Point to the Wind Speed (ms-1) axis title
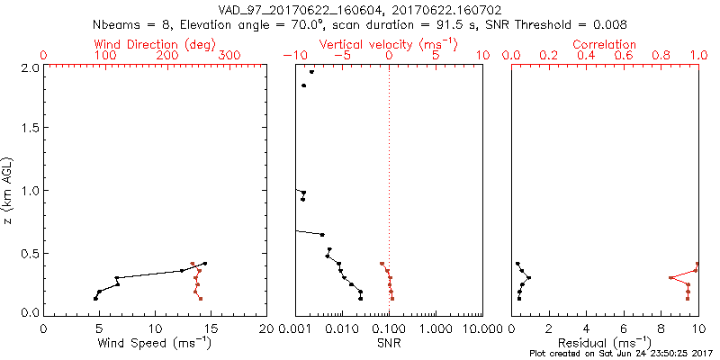pos(156,342)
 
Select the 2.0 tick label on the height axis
pos(30,67)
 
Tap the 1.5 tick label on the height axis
pos(30,129)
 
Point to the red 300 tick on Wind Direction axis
pos(229,56)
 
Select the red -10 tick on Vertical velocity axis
pos(293,56)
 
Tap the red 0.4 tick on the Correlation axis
pos(586,56)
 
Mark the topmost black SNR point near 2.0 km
pos(311,72)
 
